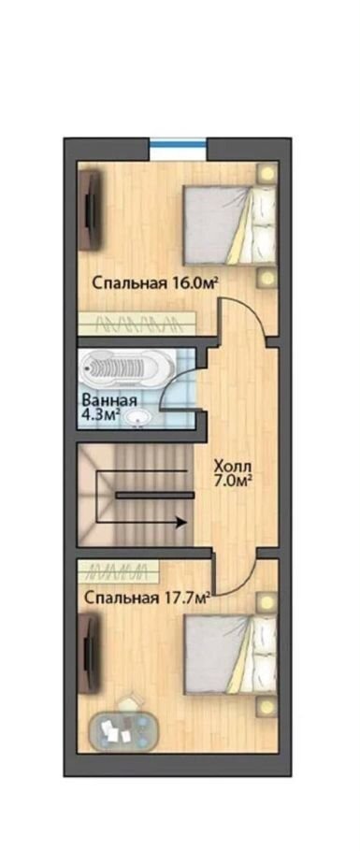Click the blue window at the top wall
(x=178, y=144)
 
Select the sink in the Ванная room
(x=137, y=418)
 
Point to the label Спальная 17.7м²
(x=147, y=598)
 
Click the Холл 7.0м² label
(x=234, y=473)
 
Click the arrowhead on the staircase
(x=182, y=523)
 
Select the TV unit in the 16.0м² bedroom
(x=90, y=210)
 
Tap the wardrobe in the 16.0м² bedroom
(x=137, y=324)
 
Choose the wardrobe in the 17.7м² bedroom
(x=119, y=570)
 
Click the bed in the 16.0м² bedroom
(x=229, y=225)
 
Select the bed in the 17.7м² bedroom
(x=230, y=653)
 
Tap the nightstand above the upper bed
(x=266, y=173)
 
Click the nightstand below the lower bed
(x=266, y=706)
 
